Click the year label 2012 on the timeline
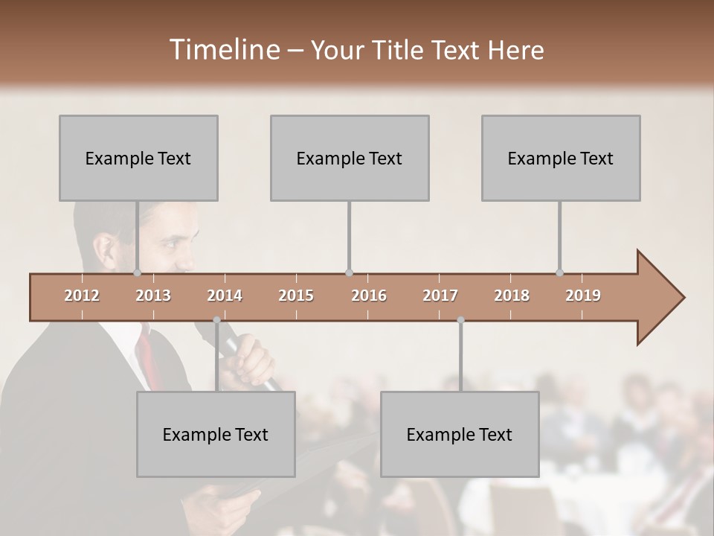pos(82,296)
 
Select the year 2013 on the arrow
pos(153,296)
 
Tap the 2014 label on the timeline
pos(225,296)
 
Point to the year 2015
pos(296,296)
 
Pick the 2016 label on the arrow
pos(369,296)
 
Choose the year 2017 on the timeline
pos(440,296)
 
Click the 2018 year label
pos(512,296)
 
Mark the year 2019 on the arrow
pos(583,296)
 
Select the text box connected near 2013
pos(138,158)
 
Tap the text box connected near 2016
pos(350,158)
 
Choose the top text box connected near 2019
pos(561,158)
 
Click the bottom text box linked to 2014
pos(216,434)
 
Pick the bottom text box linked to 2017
pos(460,434)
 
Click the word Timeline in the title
pos(223,50)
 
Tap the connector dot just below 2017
pos(460,320)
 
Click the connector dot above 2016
pos(349,272)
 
